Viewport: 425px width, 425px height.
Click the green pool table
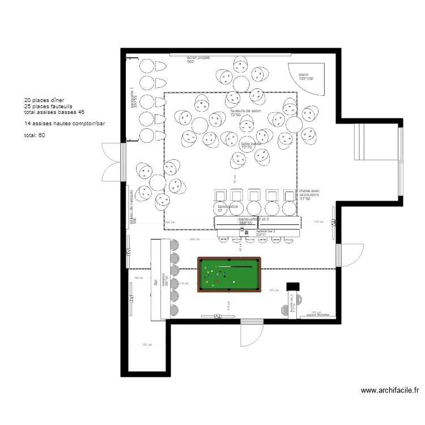tap(229, 275)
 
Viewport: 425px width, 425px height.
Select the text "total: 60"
tap(35, 135)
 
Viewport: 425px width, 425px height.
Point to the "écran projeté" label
tap(198, 58)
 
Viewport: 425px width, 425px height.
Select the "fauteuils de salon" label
tap(245, 111)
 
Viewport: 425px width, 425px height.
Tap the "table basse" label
tap(251, 144)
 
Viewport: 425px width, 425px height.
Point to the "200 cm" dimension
tap(194, 240)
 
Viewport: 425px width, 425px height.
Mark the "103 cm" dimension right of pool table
tap(274, 290)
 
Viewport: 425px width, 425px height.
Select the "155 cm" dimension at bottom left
tap(147, 345)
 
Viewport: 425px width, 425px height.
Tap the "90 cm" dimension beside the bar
tap(138, 278)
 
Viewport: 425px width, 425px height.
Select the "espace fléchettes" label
tap(318, 315)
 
